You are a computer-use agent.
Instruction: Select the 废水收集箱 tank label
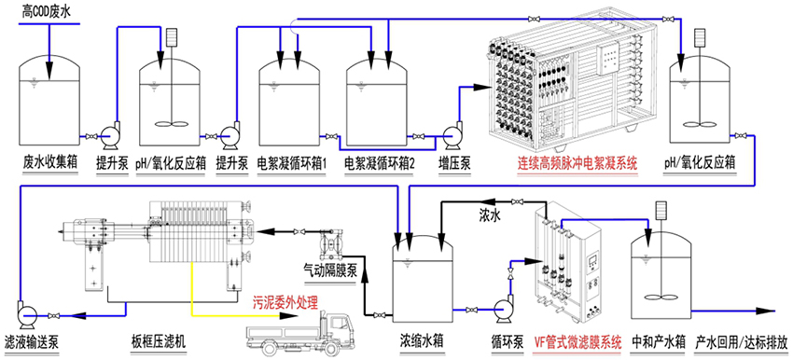[49, 163]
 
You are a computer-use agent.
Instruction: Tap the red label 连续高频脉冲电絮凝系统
[577, 163]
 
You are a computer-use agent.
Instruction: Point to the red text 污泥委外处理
[285, 304]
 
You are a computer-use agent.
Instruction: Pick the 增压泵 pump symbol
[452, 136]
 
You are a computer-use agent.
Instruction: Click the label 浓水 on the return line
[490, 216]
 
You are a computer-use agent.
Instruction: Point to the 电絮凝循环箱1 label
[292, 163]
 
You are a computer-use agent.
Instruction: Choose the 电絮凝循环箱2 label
[380, 163]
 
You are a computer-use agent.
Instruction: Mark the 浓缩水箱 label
[422, 341]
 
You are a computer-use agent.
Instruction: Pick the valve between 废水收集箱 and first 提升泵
[91, 136]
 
